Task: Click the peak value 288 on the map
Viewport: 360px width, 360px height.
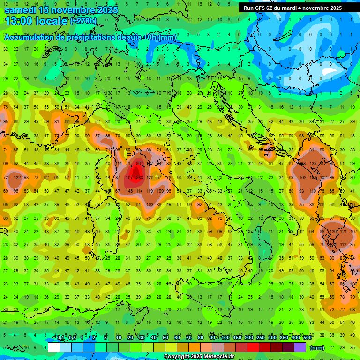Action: (x=140, y=178)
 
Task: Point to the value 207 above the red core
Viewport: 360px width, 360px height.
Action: (x=139, y=163)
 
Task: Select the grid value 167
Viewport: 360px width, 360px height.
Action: (x=129, y=178)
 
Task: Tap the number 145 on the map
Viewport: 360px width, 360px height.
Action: (x=129, y=191)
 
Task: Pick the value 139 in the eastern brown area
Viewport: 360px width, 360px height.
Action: (x=313, y=163)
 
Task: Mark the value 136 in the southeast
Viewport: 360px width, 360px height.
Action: (x=334, y=232)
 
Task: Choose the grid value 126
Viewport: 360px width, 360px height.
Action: (x=150, y=178)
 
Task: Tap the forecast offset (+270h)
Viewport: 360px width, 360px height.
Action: (x=83, y=21)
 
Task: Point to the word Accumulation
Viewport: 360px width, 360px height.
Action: (x=29, y=37)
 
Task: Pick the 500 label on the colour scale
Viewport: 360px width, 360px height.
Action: (x=307, y=337)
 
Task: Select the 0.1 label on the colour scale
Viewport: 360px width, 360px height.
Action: (x=60, y=337)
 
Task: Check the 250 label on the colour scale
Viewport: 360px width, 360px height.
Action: (x=261, y=337)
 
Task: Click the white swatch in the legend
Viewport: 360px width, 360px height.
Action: (x=54, y=347)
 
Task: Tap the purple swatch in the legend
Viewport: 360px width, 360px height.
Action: (x=300, y=347)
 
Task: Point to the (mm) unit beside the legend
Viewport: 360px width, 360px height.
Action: (x=317, y=348)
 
